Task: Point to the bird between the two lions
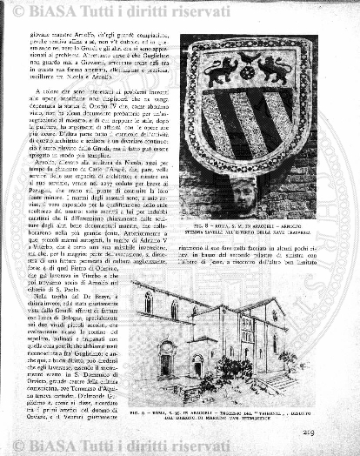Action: (x=248, y=58)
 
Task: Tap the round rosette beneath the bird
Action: (x=248, y=73)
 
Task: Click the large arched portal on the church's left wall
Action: (x=166, y=358)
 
